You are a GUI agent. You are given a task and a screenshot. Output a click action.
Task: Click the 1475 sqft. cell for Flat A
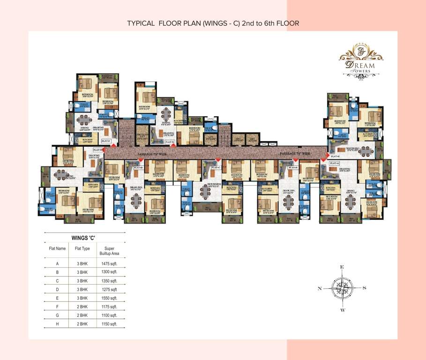click(x=109, y=263)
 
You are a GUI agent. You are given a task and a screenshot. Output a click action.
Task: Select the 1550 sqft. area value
click(x=109, y=298)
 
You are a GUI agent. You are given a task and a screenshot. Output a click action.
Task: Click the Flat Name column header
click(x=57, y=248)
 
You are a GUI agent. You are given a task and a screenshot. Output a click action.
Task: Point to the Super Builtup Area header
click(x=109, y=251)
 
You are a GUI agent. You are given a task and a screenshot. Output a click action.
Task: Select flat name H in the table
click(x=57, y=323)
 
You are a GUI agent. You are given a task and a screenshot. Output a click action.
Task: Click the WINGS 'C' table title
click(x=83, y=238)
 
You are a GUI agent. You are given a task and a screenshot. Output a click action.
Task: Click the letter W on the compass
click(x=343, y=310)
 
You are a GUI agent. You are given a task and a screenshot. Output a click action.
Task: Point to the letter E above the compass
click(x=343, y=267)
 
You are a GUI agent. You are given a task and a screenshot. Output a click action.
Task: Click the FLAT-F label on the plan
click(x=105, y=140)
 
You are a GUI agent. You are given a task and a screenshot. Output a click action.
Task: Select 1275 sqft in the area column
click(x=109, y=289)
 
